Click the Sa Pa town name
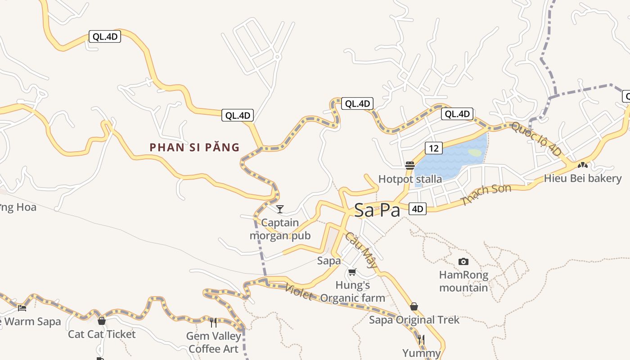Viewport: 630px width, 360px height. pyautogui.click(x=377, y=210)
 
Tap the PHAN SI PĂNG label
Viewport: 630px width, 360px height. pyautogui.click(x=194, y=148)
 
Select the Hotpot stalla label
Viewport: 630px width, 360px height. pyautogui.click(x=410, y=179)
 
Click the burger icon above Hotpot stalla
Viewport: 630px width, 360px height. pyautogui.click(x=409, y=165)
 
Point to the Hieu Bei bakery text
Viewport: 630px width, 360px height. pyautogui.click(x=582, y=178)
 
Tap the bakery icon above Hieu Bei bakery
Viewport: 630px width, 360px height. pyautogui.click(x=583, y=166)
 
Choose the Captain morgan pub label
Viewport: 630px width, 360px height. pyautogui.click(x=280, y=229)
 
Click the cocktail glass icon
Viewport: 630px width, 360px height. pyautogui.click(x=280, y=209)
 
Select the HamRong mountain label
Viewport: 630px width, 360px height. pyautogui.click(x=463, y=281)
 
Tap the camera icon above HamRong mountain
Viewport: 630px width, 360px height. pyautogui.click(x=463, y=261)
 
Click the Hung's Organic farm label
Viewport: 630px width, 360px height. pyautogui.click(x=353, y=291)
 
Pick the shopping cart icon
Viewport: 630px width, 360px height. pyautogui.click(x=352, y=272)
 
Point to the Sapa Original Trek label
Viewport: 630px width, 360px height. pyautogui.click(x=414, y=320)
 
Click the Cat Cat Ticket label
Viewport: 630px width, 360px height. pyautogui.click(x=102, y=334)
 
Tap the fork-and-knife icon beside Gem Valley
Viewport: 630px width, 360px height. pyautogui.click(x=213, y=322)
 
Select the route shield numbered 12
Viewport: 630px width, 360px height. pyautogui.click(x=433, y=148)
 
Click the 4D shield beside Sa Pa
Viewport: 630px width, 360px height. pyautogui.click(x=418, y=209)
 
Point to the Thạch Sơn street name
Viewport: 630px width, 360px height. pyautogui.click(x=486, y=195)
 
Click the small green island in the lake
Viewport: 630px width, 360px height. pyautogui.click(x=475, y=153)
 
